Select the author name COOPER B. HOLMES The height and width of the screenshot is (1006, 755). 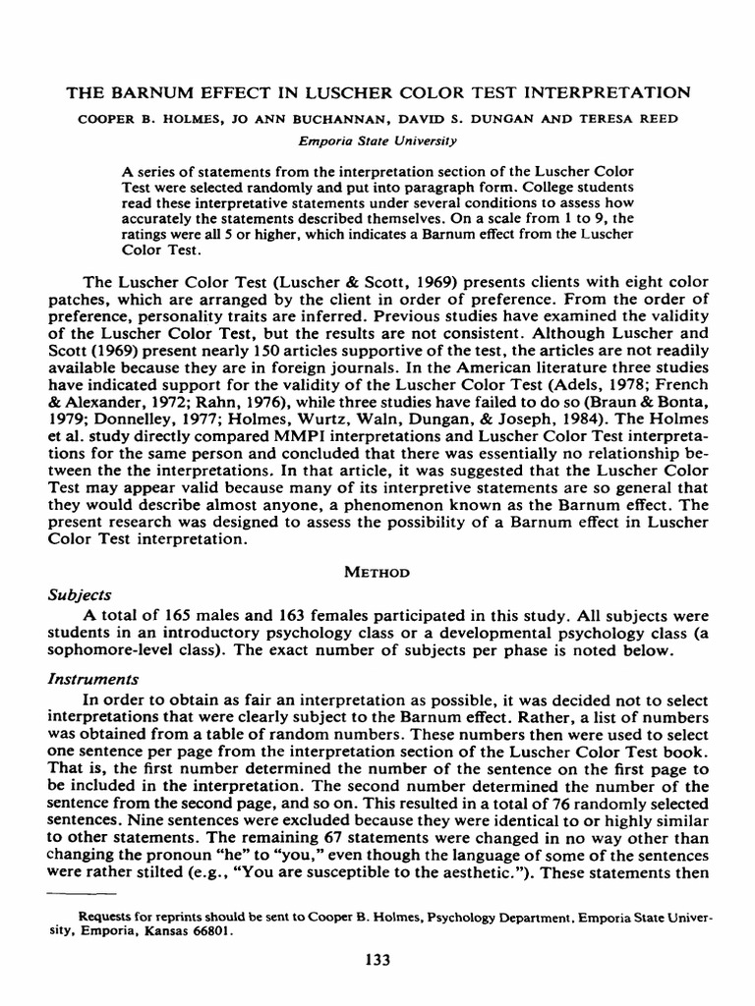pyautogui.click(x=132, y=120)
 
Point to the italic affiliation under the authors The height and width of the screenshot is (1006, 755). pyautogui.click(x=377, y=140)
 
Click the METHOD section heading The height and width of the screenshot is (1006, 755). pyautogui.click(x=377, y=571)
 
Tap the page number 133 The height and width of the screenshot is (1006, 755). pyautogui.click(x=377, y=959)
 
